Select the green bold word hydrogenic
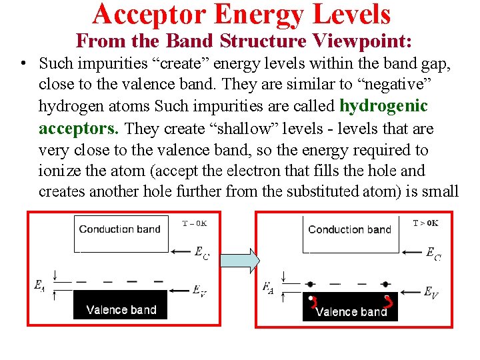tap(383, 106)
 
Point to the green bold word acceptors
tap(79, 128)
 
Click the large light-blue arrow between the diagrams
tap(239, 261)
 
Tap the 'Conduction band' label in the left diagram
tap(120, 229)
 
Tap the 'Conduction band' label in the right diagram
tap(349, 229)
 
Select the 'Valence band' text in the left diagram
tap(121, 309)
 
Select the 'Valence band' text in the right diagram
tap(351, 311)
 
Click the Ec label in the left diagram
tap(201, 253)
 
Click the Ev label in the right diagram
tap(431, 291)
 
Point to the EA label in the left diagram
tap(39, 285)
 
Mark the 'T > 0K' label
tap(425, 223)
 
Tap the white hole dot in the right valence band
tap(311, 298)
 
